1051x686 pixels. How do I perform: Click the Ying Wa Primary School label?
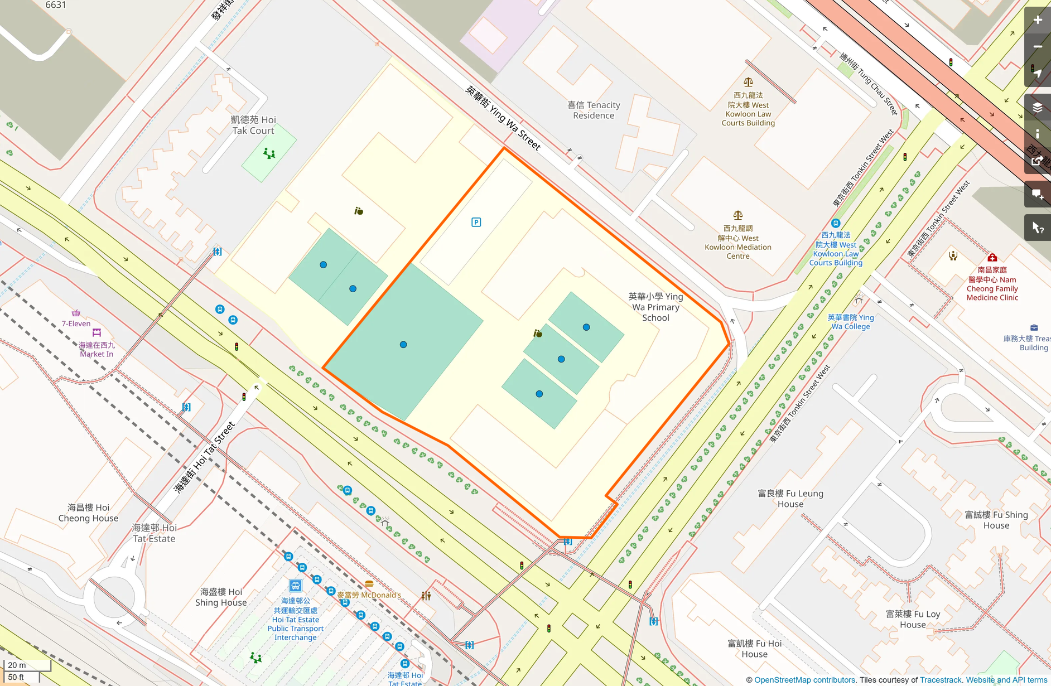(655, 307)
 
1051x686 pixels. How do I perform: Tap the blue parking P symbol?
(476, 223)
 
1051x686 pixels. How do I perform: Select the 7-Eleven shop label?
(76, 323)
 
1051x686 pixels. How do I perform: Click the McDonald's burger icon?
(369, 584)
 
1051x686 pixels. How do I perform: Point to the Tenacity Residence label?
(594, 110)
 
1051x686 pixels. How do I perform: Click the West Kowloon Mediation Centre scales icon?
(737, 215)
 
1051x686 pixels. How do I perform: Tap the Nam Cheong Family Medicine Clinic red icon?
(992, 258)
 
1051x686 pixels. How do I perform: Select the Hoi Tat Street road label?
(204, 457)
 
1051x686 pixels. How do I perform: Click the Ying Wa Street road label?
(503, 118)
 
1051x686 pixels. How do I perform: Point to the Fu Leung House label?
(790, 499)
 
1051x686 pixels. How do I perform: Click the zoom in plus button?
(1037, 20)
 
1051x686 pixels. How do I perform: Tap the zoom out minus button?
(1037, 47)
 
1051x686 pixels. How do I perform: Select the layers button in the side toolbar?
(1037, 107)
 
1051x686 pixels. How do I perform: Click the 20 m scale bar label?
(17, 665)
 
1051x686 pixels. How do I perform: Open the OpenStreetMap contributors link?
(804, 680)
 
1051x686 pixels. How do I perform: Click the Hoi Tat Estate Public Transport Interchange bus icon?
(295, 586)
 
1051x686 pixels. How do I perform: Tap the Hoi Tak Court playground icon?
(269, 153)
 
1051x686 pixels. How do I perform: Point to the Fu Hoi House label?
(754, 649)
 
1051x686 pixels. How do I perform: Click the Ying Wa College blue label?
(850, 322)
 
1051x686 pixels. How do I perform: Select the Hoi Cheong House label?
(88, 513)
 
